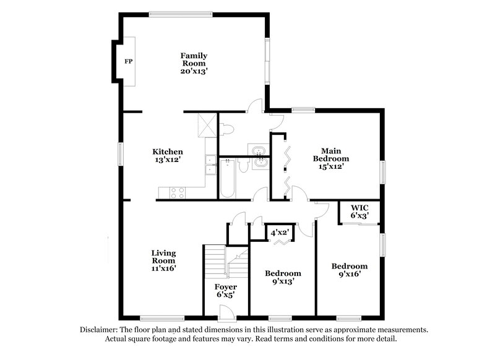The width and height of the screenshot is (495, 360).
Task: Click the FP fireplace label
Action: pyautogui.click(x=129, y=62)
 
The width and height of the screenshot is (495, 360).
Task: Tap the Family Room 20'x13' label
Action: pyautogui.click(x=194, y=63)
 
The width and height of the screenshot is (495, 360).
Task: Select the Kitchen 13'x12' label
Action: pyautogui.click(x=168, y=156)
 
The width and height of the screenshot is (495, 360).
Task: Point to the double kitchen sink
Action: pyautogui.click(x=210, y=165)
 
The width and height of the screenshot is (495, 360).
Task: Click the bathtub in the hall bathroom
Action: pyautogui.click(x=227, y=179)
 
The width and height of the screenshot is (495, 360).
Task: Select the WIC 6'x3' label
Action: pyautogui.click(x=359, y=212)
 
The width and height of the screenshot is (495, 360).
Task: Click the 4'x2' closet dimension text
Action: pyautogui.click(x=279, y=233)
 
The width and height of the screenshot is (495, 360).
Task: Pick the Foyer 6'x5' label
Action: pyautogui.click(x=226, y=291)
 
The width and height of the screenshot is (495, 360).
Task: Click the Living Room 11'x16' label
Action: pyautogui.click(x=164, y=260)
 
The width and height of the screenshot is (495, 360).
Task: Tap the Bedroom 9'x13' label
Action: pyautogui.click(x=283, y=277)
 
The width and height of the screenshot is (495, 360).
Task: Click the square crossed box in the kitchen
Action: pyautogui.click(x=205, y=125)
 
